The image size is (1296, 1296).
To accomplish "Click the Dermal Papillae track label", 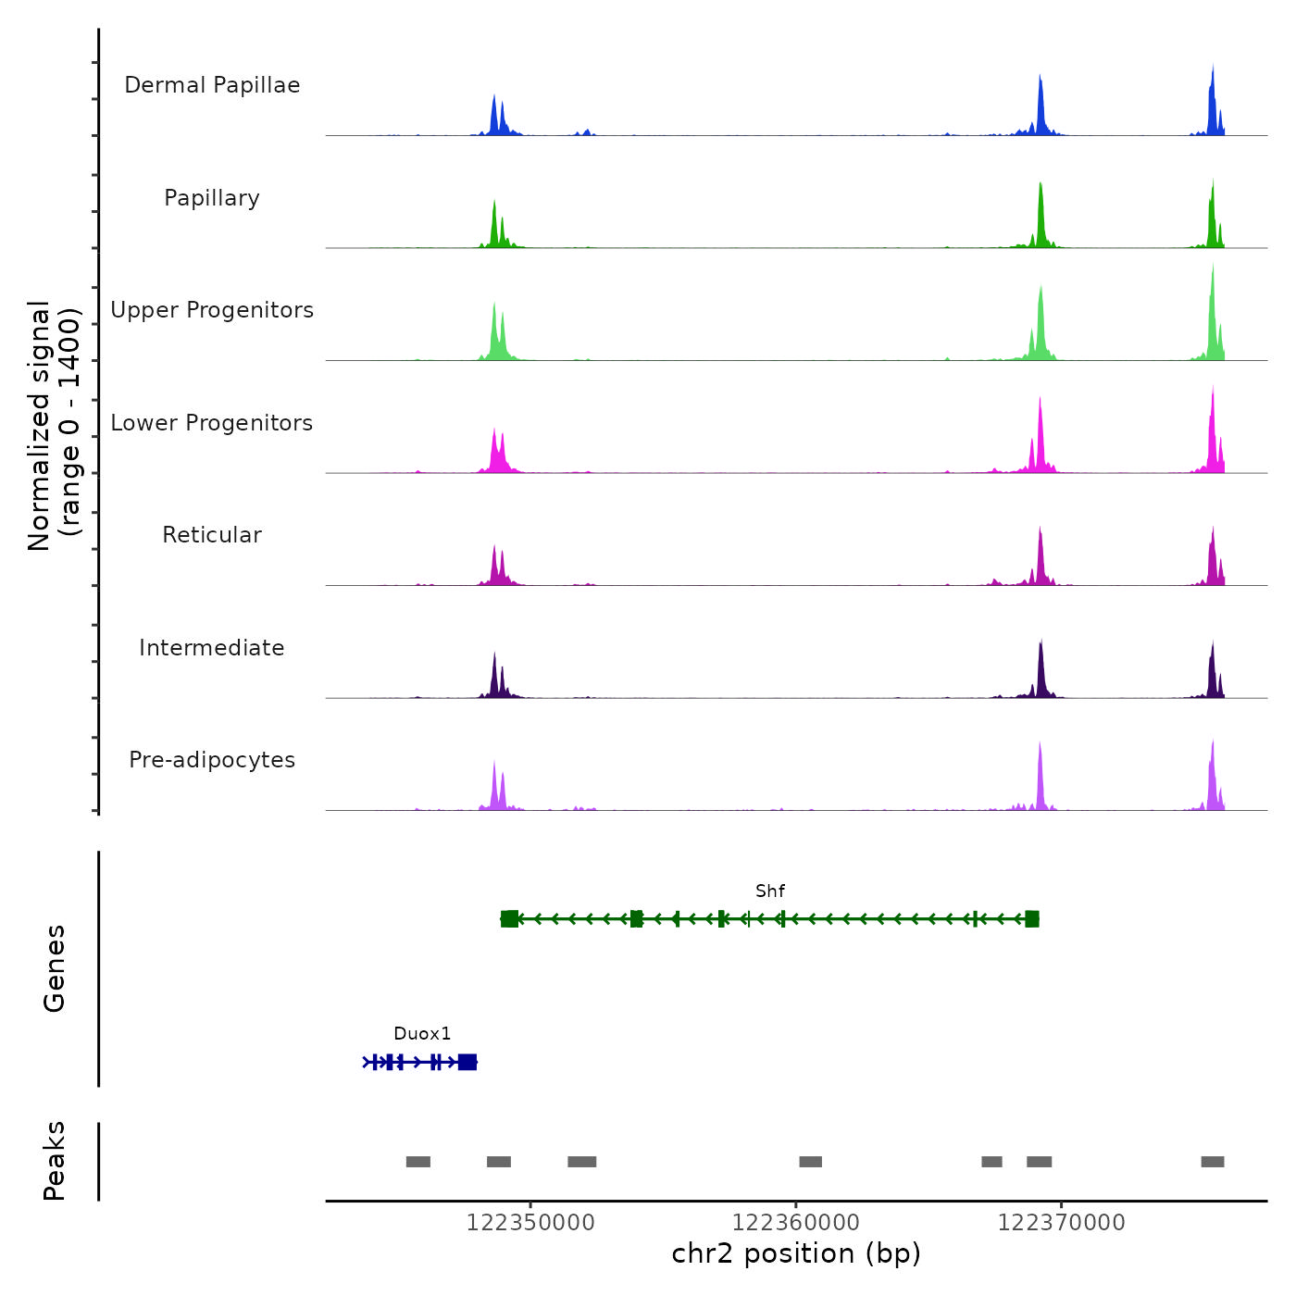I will (x=212, y=85).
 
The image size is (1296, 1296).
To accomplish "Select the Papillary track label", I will (x=212, y=198).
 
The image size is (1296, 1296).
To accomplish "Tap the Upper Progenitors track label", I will (x=212, y=310).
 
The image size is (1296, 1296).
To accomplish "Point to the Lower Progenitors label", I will (x=212, y=423).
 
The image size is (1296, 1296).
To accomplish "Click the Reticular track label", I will (x=212, y=535).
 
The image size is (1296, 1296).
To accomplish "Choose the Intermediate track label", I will (x=212, y=648).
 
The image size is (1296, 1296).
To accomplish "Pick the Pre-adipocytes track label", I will (x=212, y=760).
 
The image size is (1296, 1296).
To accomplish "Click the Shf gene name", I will (x=770, y=891).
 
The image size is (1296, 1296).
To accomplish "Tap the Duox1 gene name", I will (x=422, y=1034).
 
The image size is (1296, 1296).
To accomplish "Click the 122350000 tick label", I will (x=530, y=1223).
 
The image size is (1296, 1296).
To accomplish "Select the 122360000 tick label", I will (x=796, y=1223).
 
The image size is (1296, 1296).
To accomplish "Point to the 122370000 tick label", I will (x=1062, y=1223).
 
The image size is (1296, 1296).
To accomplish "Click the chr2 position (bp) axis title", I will (x=796, y=1253).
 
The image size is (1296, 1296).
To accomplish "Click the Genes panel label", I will (x=55, y=968).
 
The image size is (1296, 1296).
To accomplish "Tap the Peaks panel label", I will (x=55, y=1161).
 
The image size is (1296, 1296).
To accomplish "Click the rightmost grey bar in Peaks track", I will (x=1213, y=1162).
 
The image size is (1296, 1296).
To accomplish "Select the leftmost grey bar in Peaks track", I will (x=418, y=1162).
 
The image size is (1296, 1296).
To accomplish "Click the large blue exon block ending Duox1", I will (x=467, y=1062).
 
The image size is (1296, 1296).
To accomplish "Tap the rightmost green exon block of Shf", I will (x=1032, y=918).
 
